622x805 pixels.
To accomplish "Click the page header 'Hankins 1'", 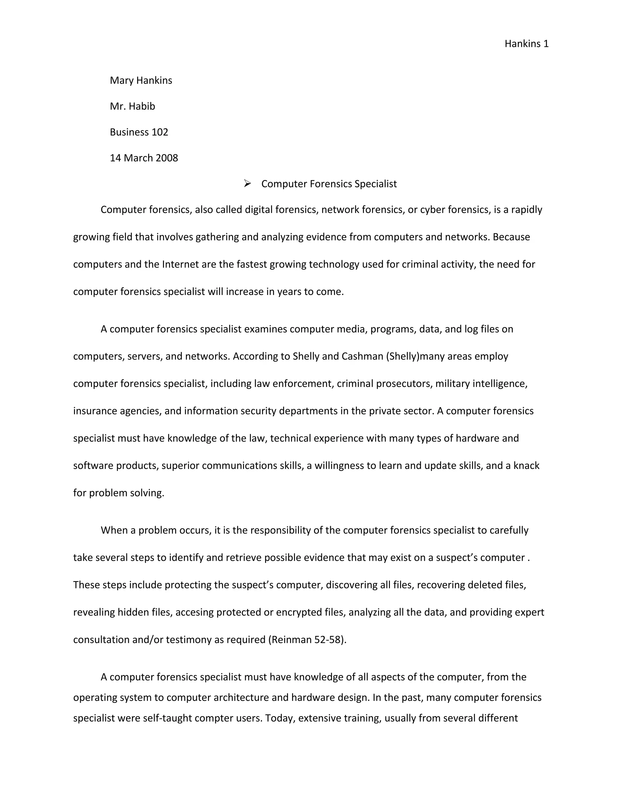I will coord(526,44).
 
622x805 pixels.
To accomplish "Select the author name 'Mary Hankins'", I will coord(141,80).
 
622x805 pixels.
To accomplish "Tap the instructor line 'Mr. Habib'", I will coord(132,106).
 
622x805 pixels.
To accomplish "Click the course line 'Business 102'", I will coord(139,132).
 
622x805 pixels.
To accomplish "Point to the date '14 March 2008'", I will coord(144,158).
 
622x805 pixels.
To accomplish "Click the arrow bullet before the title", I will coord(247,183).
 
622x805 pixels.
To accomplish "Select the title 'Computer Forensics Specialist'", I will coord(329,183).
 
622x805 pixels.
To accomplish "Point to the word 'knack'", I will coord(526,465).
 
